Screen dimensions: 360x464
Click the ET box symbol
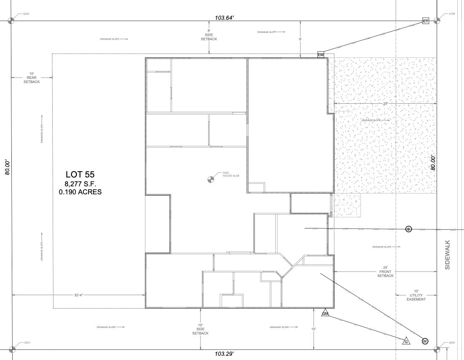[425, 21]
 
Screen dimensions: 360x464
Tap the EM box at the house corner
[321, 54]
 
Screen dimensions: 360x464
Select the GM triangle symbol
[325, 313]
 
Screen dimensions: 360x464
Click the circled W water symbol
[425, 341]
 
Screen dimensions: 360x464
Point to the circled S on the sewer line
[408, 229]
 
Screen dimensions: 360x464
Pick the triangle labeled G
[406, 341]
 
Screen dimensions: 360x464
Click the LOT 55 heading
[80, 174]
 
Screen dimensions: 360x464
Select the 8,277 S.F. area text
[80, 184]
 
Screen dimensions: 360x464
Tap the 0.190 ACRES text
[80, 192]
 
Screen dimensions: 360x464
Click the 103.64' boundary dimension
[224, 18]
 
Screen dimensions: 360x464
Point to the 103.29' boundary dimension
[224, 354]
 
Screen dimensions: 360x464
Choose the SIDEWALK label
[448, 255]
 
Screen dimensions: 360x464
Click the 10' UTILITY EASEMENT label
[416, 295]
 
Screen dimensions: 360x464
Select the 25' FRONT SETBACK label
[385, 271]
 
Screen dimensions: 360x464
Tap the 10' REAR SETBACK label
[32, 78]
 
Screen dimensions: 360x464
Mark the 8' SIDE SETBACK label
[209, 35]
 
